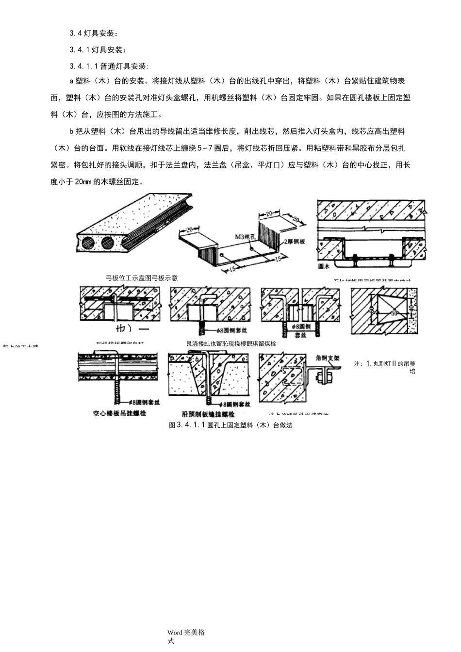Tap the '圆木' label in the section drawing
pos(324,266)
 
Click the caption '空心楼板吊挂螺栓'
pos(119,413)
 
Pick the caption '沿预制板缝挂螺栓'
pos(208,414)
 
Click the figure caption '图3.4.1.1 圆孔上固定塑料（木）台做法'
pos(230,425)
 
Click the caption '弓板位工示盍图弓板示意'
pos(142,278)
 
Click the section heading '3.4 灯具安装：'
pos(94,33)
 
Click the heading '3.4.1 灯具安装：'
pos(98,49)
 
